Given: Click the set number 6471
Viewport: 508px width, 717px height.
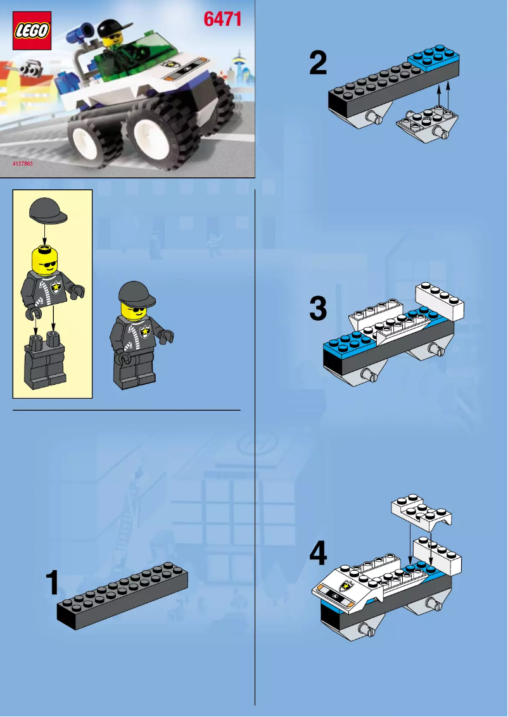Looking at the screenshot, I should click(x=222, y=20).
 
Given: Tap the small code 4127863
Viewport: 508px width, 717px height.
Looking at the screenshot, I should click(x=22, y=164).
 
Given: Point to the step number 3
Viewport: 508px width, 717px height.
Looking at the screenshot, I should click(x=318, y=309).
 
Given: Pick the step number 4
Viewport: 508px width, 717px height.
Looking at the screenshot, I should click(x=318, y=555).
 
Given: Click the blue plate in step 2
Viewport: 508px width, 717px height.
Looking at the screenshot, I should click(x=433, y=59).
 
